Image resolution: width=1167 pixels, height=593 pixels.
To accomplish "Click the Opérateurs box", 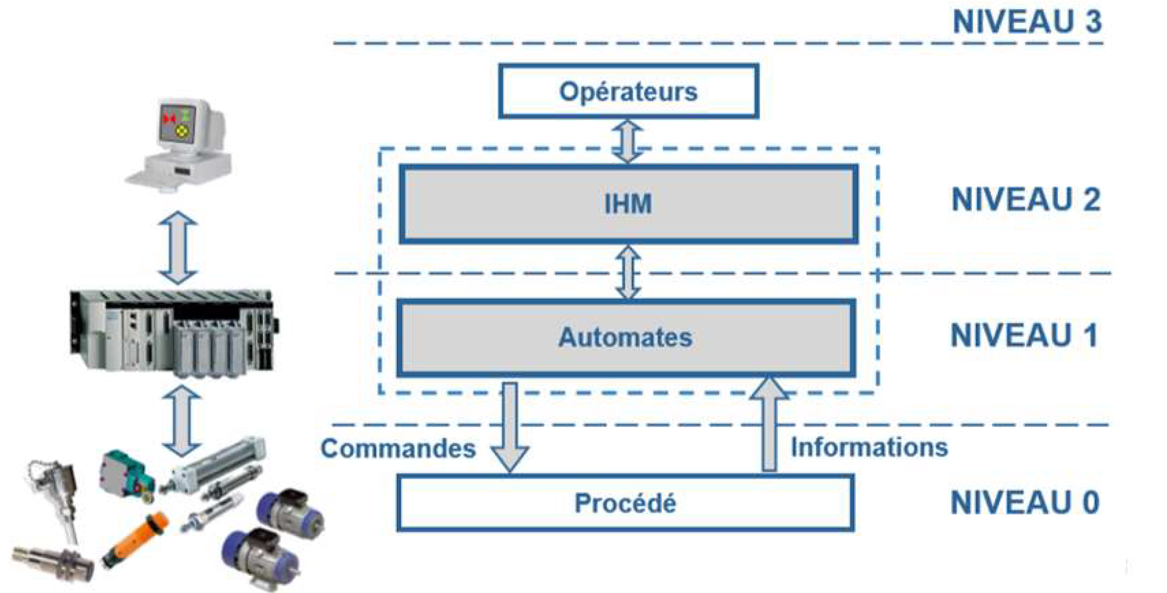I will [628, 92].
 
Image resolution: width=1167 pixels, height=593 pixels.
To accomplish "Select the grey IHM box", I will [628, 204].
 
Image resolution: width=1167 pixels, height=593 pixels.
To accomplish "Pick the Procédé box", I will [625, 503].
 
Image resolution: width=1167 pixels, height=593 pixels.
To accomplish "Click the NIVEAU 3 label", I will [1027, 21].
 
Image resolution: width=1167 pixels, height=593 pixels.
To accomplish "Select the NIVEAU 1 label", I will [1024, 335].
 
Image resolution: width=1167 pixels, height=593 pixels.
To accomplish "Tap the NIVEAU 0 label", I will [1024, 502].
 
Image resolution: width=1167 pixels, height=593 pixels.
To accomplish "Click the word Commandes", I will [398, 448].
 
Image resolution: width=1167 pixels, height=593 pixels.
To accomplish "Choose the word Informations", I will [869, 447].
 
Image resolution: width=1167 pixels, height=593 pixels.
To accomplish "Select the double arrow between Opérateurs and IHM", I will [627, 142].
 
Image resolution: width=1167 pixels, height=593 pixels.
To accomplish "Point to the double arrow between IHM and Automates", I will [628, 272].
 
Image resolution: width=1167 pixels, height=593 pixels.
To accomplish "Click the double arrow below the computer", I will [178, 247].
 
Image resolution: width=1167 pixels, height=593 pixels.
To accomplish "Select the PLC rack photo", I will [173, 331].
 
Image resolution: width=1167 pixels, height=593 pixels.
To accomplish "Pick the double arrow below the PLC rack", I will [182, 420].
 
